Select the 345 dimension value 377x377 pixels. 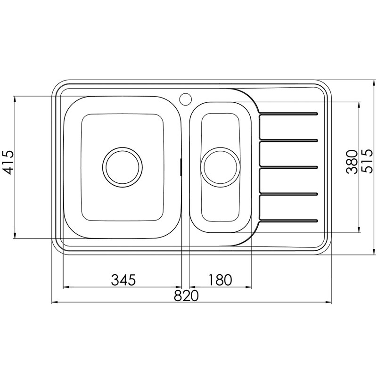tap(123, 279)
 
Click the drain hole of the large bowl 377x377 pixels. tap(123, 166)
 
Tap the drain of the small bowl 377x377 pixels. tap(220, 167)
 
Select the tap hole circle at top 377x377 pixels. tap(185, 98)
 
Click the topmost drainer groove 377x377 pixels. tap(288, 113)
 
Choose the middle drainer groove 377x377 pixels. tap(288, 167)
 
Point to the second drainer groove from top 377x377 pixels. tap(288, 140)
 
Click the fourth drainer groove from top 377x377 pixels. tap(288, 194)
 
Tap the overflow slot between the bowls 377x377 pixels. tap(181, 167)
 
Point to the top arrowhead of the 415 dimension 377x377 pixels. tap(16, 99)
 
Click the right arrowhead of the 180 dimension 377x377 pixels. tap(249, 287)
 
